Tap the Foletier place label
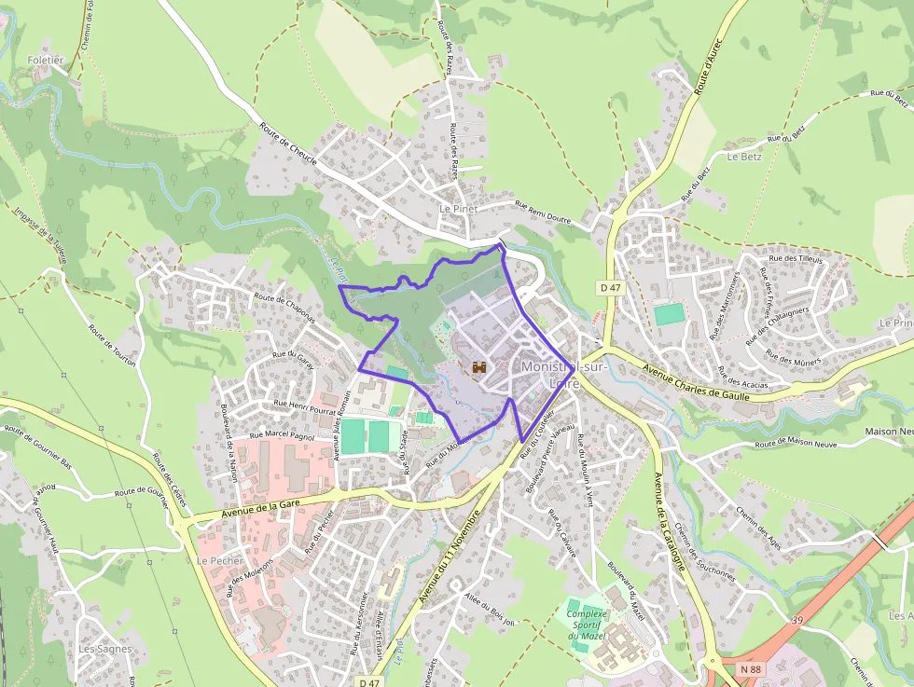pos(46,60)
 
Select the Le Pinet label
pos(458,209)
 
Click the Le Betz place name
pos(745,157)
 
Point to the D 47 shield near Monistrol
pos(610,288)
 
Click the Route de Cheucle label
pos(288,146)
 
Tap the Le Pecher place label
pos(220,561)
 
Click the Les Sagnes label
pos(104,648)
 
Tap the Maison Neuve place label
pos(889,431)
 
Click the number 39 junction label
pos(796,619)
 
